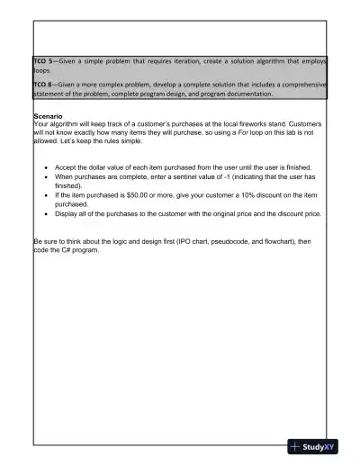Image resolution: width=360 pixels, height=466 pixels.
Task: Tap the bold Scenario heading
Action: (x=48, y=117)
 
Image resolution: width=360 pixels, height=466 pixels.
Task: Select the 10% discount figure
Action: (x=227, y=194)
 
